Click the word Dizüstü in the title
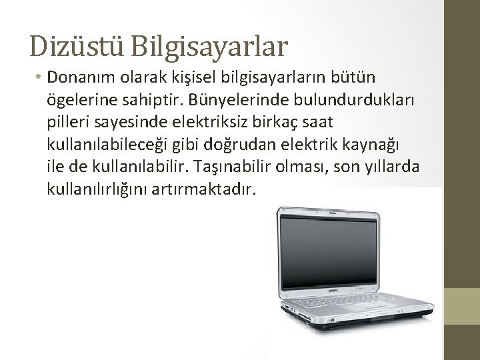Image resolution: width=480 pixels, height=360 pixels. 76,46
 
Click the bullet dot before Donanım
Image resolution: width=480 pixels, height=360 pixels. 38,76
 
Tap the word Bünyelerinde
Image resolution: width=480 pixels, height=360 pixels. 238,100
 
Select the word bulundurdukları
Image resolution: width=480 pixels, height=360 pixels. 353,99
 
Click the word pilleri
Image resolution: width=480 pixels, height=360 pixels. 68,123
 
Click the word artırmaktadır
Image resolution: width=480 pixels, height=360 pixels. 203,190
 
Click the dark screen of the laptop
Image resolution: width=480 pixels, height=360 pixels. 328,252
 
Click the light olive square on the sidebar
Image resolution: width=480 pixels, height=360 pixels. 462,306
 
